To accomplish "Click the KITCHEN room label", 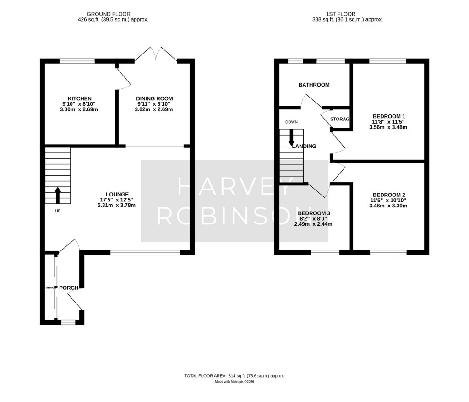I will tap(80, 98).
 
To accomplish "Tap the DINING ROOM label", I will tap(154, 98).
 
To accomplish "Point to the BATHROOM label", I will tap(314, 85).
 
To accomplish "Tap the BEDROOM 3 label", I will tap(314, 213).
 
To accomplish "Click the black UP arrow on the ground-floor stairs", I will tap(58, 195).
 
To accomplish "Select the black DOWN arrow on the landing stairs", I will tap(291, 138).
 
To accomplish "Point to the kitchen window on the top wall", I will tap(77, 60).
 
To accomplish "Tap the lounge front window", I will tap(145, 252).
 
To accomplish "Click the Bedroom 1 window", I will tap(387, 60).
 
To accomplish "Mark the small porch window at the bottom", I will tap(68, 322).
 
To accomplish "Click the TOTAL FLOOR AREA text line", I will tap(234, 376).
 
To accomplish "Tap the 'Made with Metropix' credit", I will tap(234, 382).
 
